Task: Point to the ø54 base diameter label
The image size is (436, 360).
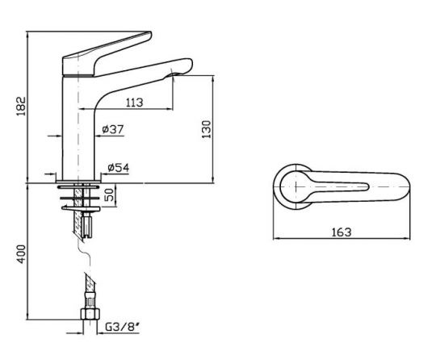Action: (117, 168)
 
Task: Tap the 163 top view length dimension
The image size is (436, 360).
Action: (342, 232)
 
